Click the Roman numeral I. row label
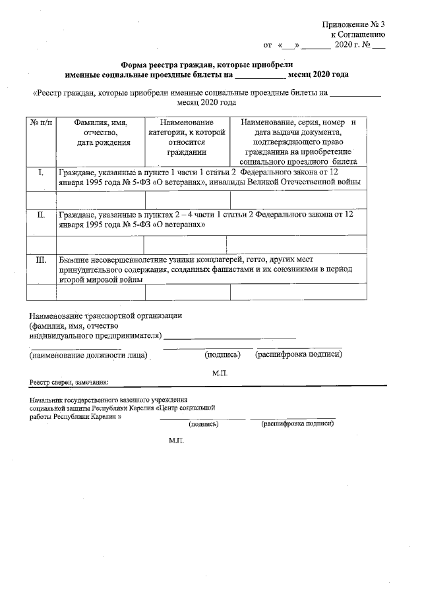pyautogui.click(x=41, y=173)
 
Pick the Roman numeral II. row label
pyautogui.click(x=41, y=215)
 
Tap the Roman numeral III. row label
pyautogui.click(x=41, y=259)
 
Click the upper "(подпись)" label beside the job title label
pyautogui.click(x=222, y=354)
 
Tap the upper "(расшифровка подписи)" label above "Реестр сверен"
pyautogui.click(x=298, y=354)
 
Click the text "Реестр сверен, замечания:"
pyautogui.click(x=69, y=383)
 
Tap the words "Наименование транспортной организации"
pyautogui.click(x=105, y=315)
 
